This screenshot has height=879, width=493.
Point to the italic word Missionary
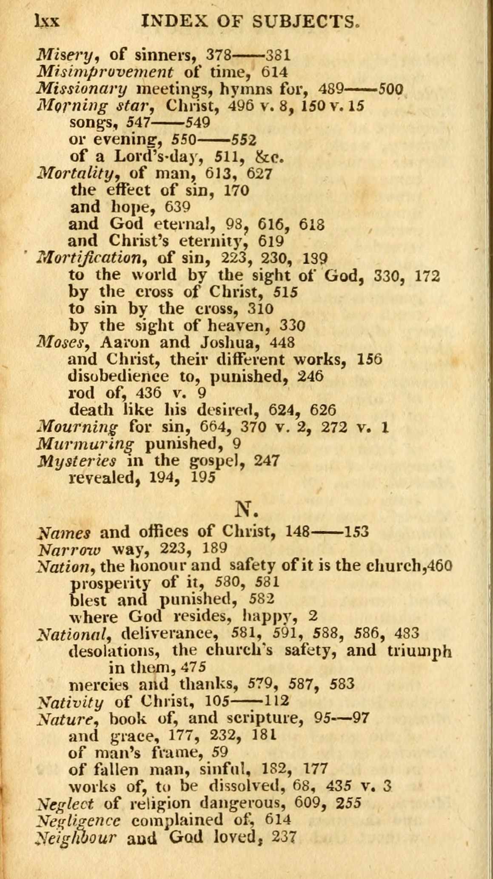[82, 89]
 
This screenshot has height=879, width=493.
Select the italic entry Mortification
[95, 258]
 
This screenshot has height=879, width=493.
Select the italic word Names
[64, 532]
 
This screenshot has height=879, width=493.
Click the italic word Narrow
[69, 549]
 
